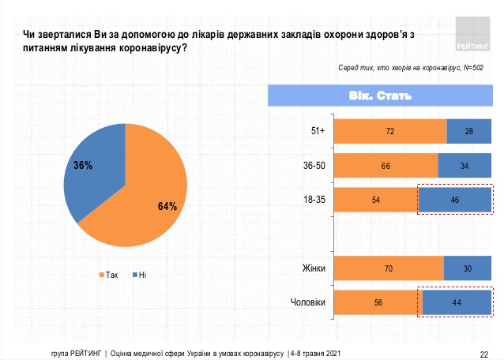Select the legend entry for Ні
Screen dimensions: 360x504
coord(140,274)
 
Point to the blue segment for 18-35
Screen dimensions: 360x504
coord(454,201)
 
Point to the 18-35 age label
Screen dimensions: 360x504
coord(314,201)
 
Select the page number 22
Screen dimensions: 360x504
coord(484,352)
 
